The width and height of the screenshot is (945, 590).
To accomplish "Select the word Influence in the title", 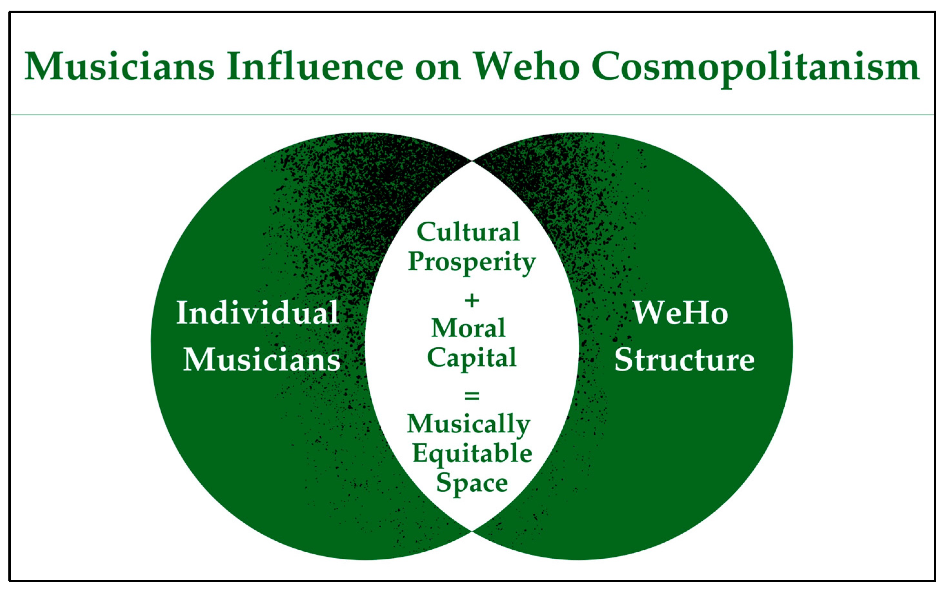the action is point(315,67).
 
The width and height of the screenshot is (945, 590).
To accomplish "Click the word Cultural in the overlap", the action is point(468,232).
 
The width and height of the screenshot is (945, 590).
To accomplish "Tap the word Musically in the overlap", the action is point(469,424).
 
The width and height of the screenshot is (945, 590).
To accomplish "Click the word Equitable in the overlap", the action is point(472,454).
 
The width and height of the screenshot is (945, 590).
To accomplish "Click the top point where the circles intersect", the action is point(472,161).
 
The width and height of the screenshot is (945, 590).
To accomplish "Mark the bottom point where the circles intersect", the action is point(472,531).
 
